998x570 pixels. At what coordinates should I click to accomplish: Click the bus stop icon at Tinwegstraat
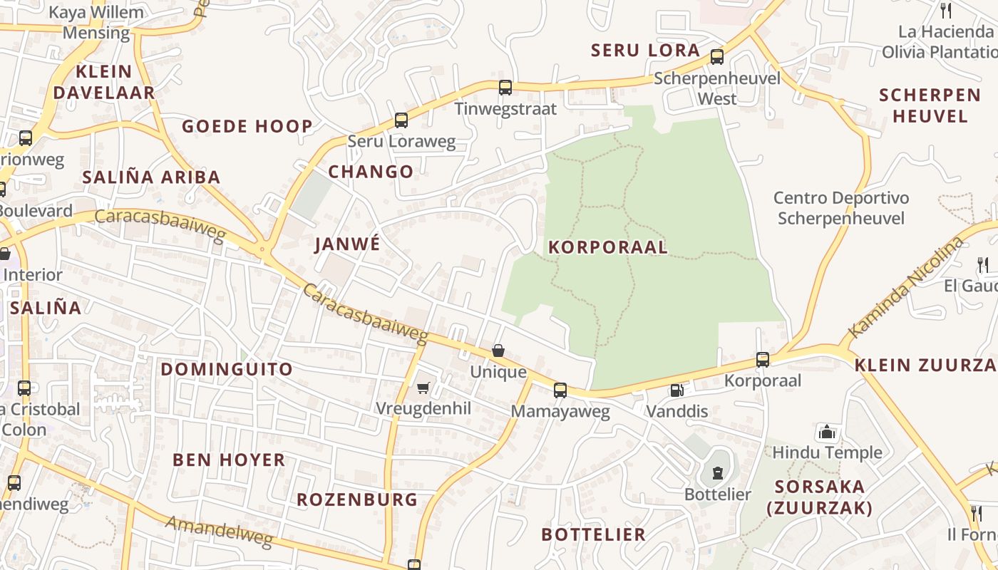(505, 88)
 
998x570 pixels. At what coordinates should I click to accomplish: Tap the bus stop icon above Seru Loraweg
(401, 120)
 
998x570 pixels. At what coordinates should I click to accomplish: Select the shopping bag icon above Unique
(498, 351)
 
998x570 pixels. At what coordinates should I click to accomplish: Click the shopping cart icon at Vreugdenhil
(423, 388)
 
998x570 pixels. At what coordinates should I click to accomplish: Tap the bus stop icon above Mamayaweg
(560, 390)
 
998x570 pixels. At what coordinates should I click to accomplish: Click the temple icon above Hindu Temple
(827, 432)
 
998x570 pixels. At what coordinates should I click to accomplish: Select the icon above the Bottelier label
(717, 473)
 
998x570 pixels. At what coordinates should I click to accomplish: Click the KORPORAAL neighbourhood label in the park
(607, 247)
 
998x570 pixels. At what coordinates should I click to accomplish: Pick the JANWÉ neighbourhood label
(347, 244)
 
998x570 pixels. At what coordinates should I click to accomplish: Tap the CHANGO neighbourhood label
(371, 172)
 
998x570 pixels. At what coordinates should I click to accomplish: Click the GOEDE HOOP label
(247, 127)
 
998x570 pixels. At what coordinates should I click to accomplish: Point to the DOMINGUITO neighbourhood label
(227, 369)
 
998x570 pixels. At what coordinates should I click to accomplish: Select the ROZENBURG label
(357, 499)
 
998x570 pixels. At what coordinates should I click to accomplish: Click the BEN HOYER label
(229, 460)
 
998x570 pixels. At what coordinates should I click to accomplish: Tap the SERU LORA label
(645, 51)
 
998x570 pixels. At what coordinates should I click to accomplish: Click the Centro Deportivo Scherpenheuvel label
(841, 208)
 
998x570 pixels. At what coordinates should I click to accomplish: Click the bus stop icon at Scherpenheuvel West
(717, 57)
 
